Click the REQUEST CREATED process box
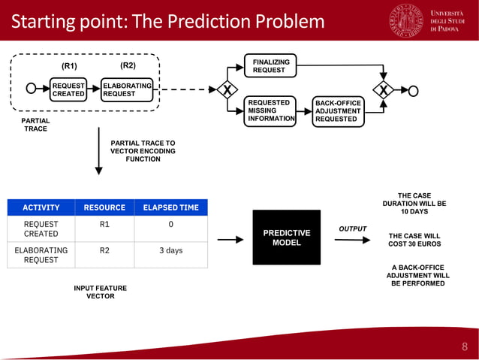[68, 90]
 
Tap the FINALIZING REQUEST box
[270, 66]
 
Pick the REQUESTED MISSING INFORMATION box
[270, 111]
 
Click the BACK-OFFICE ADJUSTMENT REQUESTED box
[337, 111]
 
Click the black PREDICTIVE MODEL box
[286, 237]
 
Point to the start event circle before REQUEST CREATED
[32, 89]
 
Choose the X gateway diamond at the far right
[384, 90]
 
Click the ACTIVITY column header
[41, 207]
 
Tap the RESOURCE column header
[104, 207]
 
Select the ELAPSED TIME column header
[170, 207]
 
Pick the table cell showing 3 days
[170, 251]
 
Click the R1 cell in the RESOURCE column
[104, 224]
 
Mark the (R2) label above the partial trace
[128, 65]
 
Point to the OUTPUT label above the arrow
[352, 228]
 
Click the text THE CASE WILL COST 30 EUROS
[414, 240]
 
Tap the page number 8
[464, 346]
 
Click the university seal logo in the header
[405, 21]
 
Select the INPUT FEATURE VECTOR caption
[100, 292]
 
